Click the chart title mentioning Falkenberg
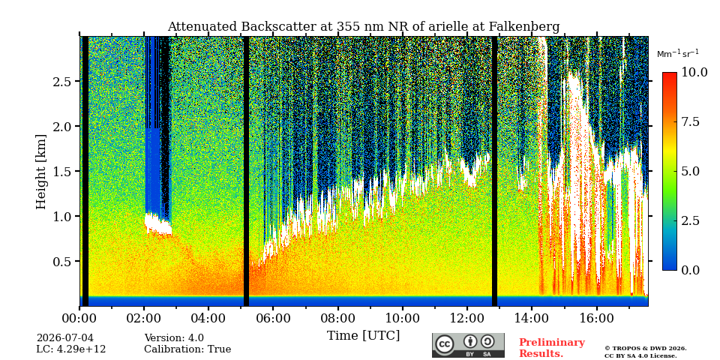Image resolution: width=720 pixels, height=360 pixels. (363, 27)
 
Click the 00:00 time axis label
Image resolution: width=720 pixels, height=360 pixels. (79, 318)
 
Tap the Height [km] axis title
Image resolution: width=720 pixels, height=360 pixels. (41, 172)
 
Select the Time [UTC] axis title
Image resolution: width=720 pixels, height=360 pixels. (363, 336)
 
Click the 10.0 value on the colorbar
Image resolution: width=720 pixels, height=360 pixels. (693, 73)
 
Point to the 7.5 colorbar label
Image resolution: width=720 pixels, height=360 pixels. (690, 121)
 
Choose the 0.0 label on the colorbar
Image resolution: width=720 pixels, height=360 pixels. (690, 270)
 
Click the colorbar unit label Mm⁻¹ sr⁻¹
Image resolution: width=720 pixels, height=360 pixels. (678, 54)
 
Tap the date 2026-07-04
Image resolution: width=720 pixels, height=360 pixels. (64, 338)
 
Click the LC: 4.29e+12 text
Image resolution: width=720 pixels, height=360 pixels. (71, 349)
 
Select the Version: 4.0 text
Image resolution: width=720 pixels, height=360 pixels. (174, 338)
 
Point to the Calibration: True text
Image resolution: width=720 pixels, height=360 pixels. (187, 349)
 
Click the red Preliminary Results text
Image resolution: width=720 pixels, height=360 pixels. (551, 348)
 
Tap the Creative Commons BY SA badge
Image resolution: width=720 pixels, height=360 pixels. (468, 345)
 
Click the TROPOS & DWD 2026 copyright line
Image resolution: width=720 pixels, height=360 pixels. (645, 349)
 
